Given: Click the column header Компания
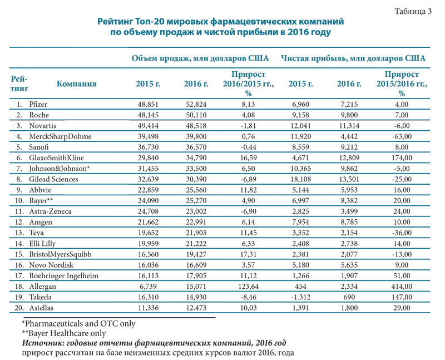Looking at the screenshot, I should (x=77, y=83).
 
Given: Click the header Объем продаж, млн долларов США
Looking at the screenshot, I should (x=200, y=58).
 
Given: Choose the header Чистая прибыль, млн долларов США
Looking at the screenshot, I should (x=354, y=58).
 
